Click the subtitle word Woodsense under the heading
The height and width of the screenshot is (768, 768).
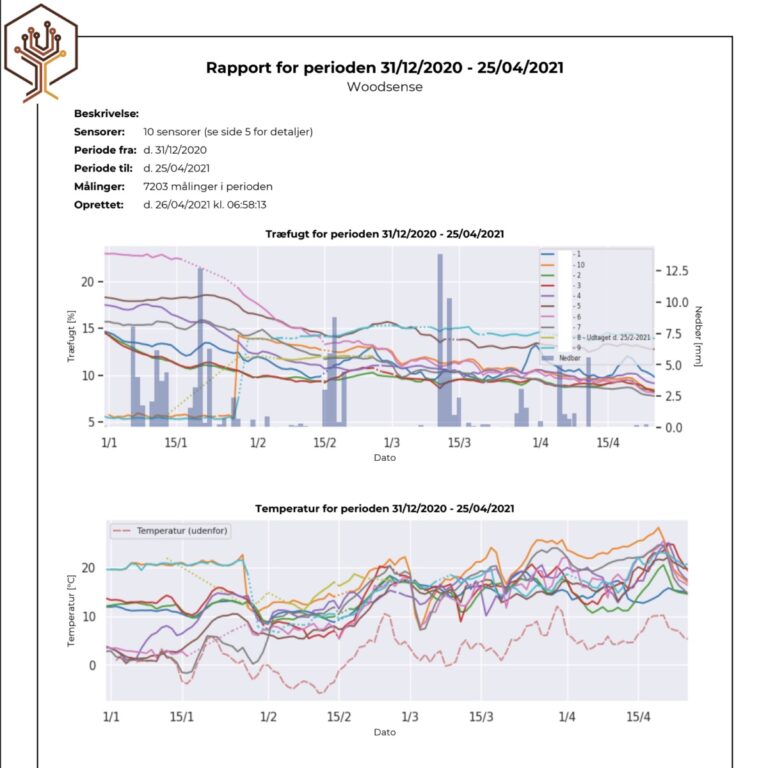point(384,87)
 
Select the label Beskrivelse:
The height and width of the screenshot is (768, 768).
point(106,114)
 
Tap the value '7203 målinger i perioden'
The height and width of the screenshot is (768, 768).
point(208,186)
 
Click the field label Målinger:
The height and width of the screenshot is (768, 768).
point(99,186)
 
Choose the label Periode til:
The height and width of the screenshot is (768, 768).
point(103,168)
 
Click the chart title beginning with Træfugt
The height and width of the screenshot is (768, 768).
point(384,234)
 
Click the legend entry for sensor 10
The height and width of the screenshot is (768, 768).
point(577,264)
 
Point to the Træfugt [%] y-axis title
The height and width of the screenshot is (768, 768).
point(71,340)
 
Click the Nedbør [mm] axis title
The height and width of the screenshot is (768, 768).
point(699,335)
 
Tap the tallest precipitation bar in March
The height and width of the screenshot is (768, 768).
point(439,340)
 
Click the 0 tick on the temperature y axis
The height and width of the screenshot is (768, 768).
point(93,665)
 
